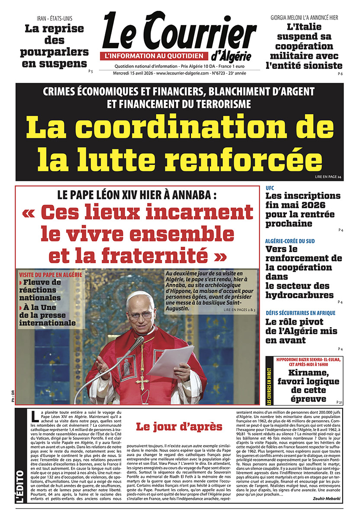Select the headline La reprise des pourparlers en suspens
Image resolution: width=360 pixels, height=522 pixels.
54,46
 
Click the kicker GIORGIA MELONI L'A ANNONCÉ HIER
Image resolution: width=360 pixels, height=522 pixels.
304,18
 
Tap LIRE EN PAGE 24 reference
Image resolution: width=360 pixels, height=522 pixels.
328,177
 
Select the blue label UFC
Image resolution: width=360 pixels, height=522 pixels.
270,188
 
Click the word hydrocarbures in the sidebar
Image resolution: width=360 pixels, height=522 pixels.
299,295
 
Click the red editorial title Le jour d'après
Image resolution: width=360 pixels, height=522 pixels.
179,426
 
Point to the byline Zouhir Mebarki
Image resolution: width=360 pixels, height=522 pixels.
328,498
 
